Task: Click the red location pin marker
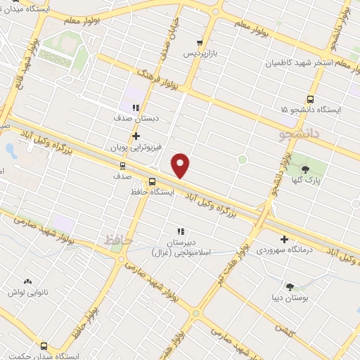tap(181, 165)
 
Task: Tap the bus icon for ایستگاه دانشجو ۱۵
tap(311, 99)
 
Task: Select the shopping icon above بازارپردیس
tap(200, 43)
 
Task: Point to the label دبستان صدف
tap(136, 119)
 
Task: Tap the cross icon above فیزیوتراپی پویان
tap(136, 136)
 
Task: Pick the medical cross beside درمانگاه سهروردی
tap(284, 239)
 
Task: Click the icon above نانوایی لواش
tap(27, 281)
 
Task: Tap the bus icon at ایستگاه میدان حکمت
tap(44, 347)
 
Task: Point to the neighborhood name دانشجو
tap(299, 131)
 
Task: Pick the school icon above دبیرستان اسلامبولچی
tap(180, 231)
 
